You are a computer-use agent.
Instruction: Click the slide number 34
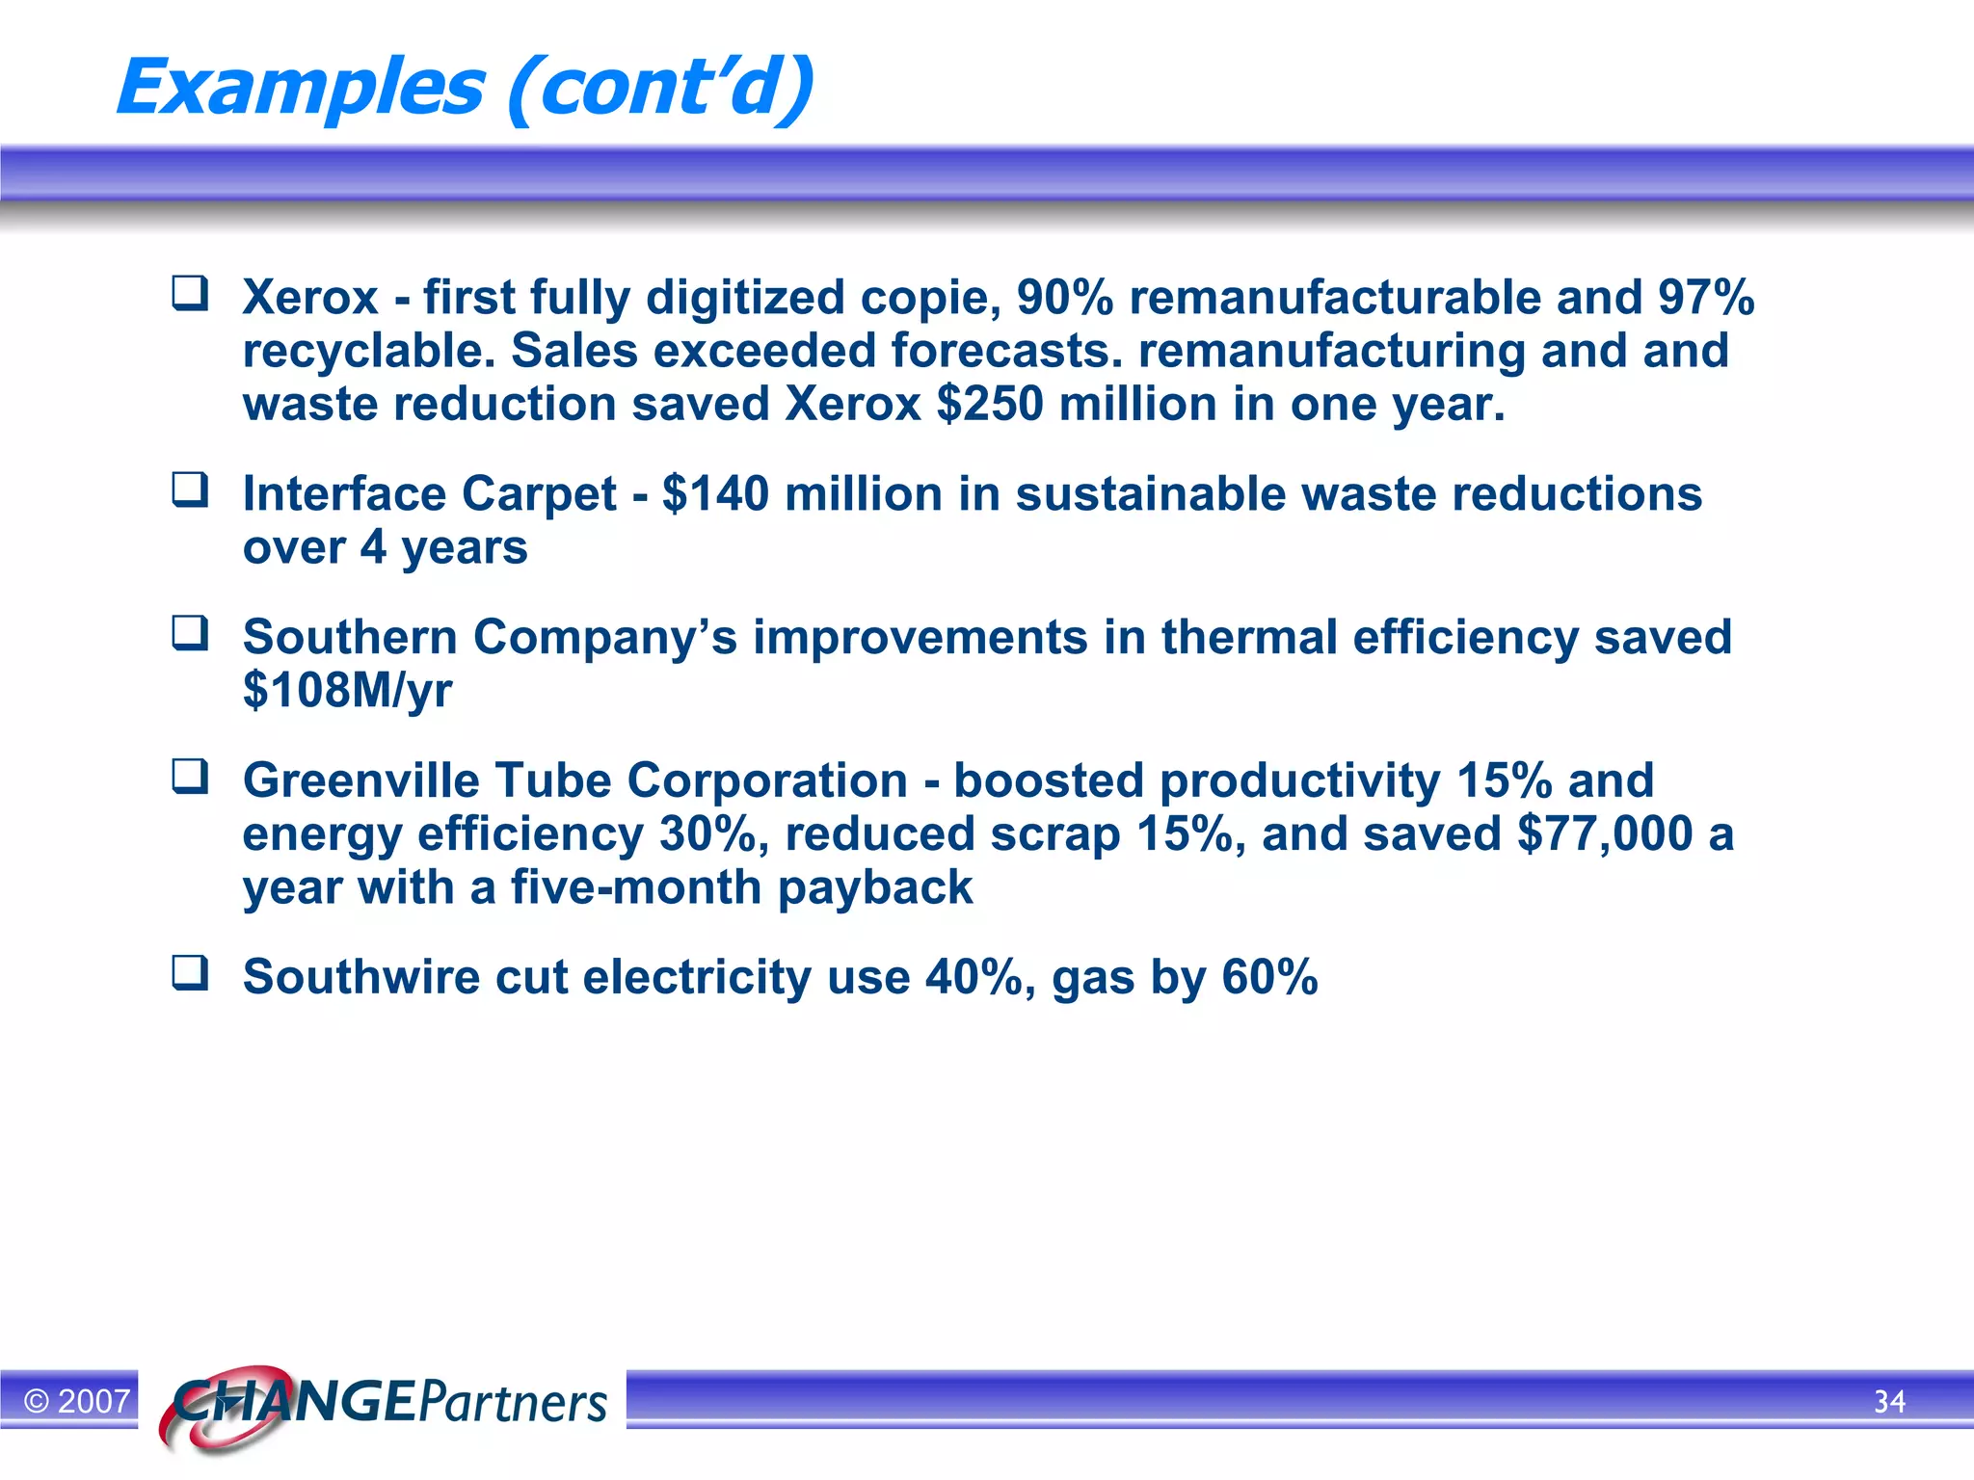click(1889, 1401)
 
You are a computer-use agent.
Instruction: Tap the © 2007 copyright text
click(77, 1401)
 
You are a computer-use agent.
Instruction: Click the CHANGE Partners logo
click(386, 1403)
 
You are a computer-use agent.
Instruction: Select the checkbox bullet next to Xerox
click(190, 293)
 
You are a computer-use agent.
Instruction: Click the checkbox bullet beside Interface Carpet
click(190, 489)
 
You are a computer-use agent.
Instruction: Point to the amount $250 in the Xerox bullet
click(989, 404)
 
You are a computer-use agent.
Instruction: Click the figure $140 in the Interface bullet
click(715, 494)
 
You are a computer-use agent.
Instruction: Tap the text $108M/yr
click(347, 691)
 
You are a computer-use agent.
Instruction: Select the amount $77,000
click(1605, 834)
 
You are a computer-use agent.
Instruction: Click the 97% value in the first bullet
click(1705, 298)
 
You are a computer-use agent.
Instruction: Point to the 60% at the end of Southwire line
click(1269, 977)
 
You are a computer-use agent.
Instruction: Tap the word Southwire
click(360, 977)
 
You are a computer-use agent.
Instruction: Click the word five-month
click(636, 887)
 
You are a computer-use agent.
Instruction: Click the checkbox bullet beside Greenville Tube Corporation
click(190, 776)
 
